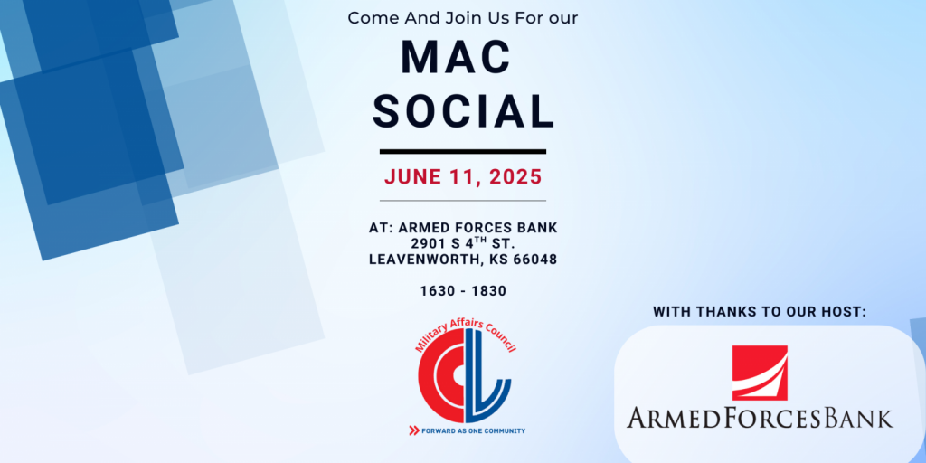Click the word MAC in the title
click(456, 58)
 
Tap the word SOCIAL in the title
click(464, 111)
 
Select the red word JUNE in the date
click(412, 177)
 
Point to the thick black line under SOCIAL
click(463, 152)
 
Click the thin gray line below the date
click(463, 201)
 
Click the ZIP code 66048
click(534, 260)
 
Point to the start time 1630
click(435, 291)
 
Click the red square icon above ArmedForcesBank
click(760, 373)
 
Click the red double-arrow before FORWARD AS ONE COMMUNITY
click(414, 430)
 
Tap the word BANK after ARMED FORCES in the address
click(539, 228)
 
